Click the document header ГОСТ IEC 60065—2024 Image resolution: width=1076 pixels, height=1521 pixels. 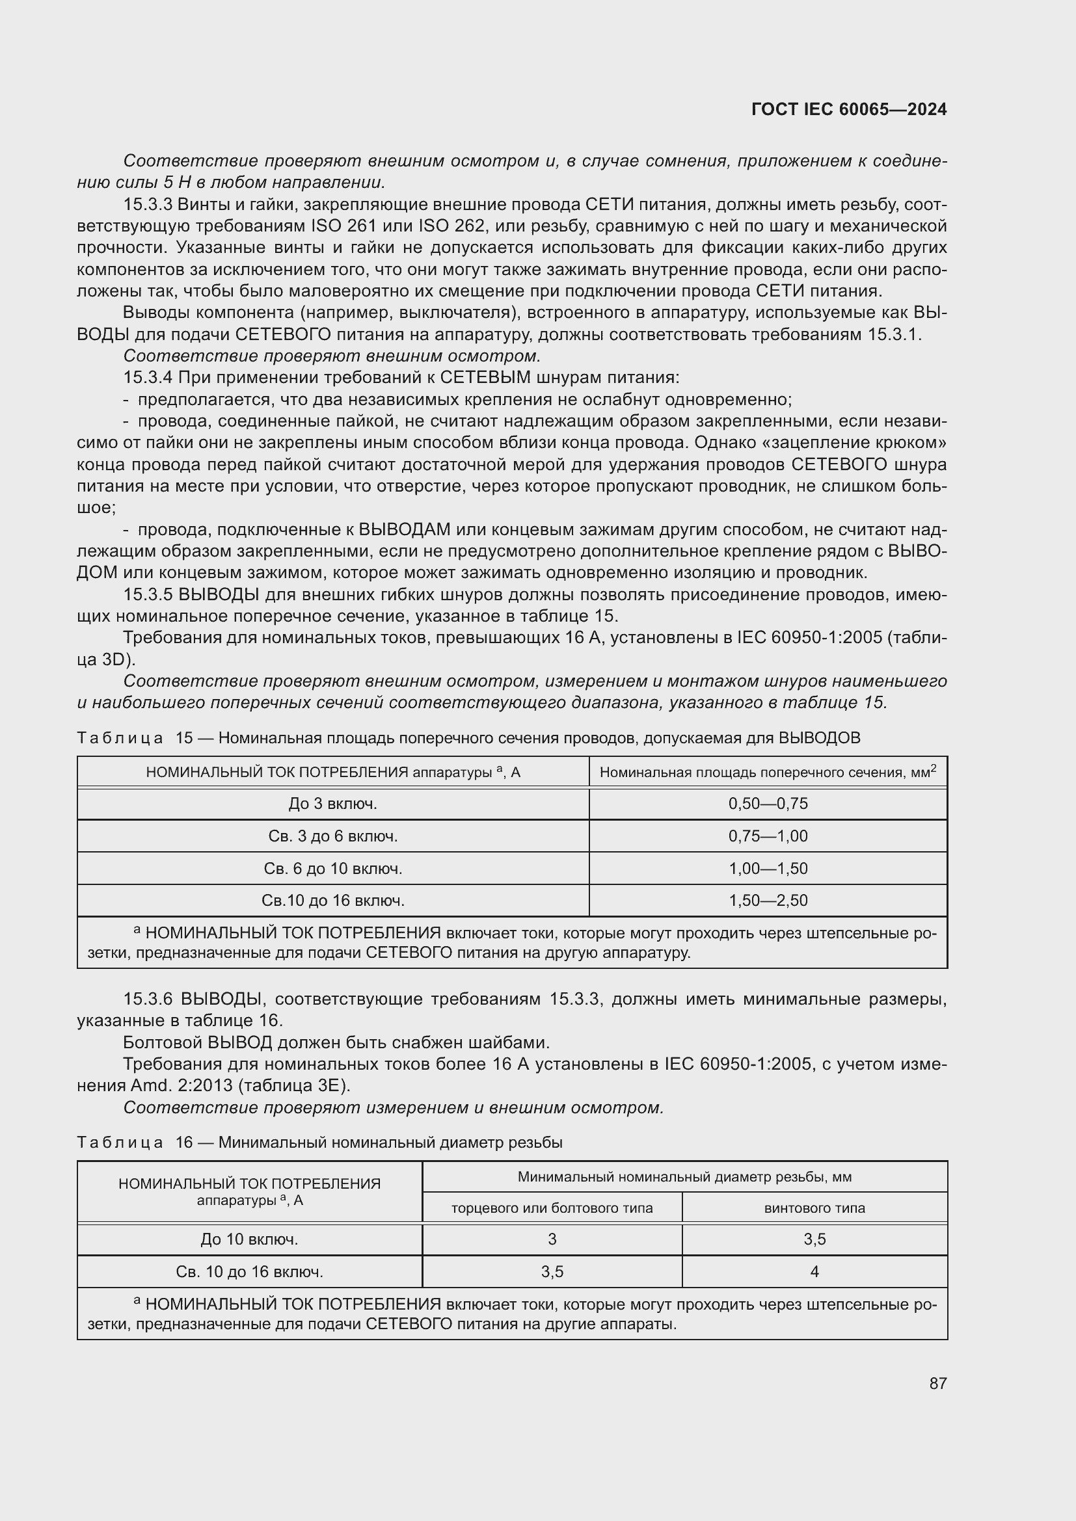[849, 109]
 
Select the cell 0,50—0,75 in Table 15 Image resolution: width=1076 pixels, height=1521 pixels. [768, 804]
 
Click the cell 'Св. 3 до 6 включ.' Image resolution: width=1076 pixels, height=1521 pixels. [332, 836]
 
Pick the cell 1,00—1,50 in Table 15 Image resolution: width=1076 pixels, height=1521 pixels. [768, 869]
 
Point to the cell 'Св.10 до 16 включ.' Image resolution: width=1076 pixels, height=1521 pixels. [332, 901]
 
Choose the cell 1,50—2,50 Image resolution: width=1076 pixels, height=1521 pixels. [768, 901]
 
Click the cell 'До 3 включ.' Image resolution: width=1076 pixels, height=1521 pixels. [332, 804]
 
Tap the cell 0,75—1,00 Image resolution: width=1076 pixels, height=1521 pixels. [768, 836]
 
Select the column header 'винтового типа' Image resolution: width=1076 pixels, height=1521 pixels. [814, 1208]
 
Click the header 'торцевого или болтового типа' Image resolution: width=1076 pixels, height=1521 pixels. [552, 1208]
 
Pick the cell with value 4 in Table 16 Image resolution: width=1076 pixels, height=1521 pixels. [814, 1272]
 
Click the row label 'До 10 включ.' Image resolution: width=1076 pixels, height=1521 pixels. [249, 1239]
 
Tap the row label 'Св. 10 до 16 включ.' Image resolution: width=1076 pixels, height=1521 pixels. [249, 1272]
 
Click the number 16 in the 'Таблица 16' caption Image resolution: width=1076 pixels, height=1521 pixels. [183, 1143]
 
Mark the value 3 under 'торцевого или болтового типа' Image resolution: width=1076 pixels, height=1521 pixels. [552, 1239]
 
